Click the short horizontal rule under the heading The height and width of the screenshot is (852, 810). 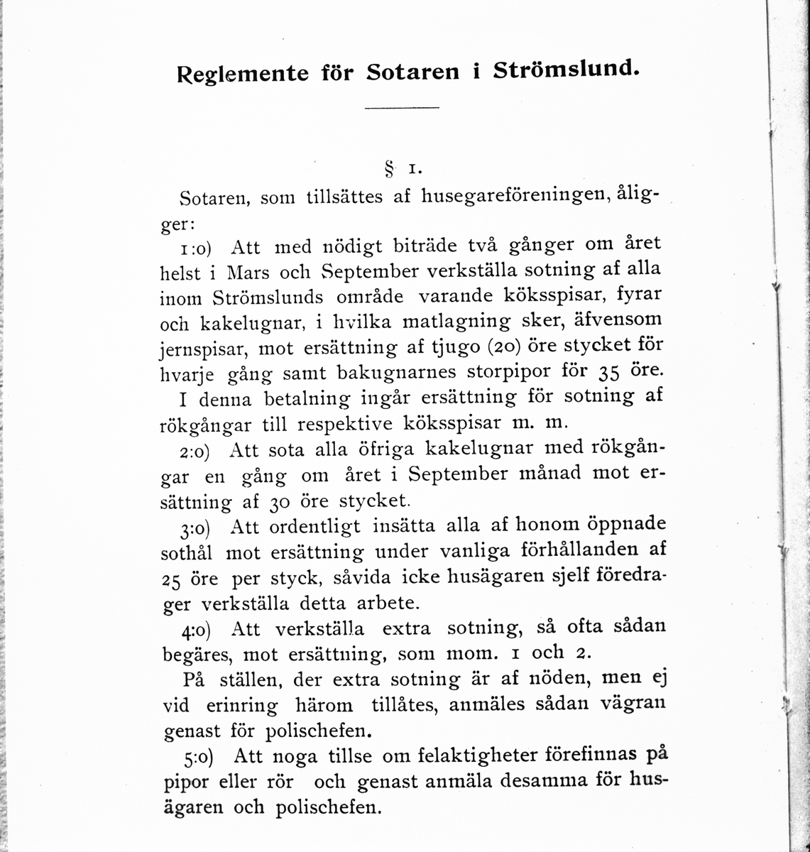(401, 108)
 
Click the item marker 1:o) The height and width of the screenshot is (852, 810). (197, 248)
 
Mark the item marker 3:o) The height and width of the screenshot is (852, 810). (197, 530)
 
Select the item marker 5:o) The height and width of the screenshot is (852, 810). (197, 758)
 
